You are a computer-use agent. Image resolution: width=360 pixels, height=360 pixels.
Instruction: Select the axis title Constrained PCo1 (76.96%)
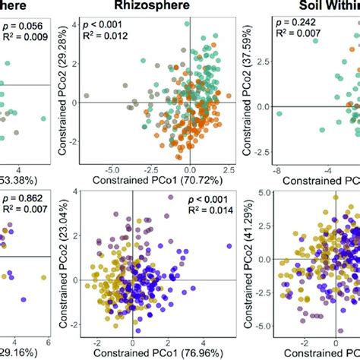click(x=164, y=353)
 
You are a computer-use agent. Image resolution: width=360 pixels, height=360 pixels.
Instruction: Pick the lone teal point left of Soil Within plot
click(x=279, y=114)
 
